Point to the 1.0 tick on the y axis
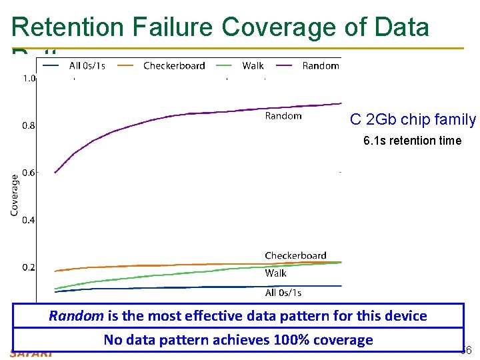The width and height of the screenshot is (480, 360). [x=29, y=78]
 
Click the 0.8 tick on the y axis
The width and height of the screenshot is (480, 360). [x=29, y=125]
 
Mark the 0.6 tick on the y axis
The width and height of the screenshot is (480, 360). [x=29, y=173]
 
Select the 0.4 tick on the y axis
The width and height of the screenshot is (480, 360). [x=29, y=220]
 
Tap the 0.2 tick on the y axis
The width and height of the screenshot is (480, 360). [x=29, y=267]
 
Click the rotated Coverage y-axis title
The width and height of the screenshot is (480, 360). [x=14, y=195]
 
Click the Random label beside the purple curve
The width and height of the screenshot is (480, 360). [x=283, y=116]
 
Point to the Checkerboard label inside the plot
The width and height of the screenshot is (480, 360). [x=295, y=255]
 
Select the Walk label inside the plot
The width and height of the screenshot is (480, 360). [x=275, y=273]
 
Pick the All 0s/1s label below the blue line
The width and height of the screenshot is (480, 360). [x=283, y=293]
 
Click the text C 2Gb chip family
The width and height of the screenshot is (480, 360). [x=413, y=120]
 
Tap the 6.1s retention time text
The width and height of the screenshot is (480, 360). [x=412, y=141]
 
